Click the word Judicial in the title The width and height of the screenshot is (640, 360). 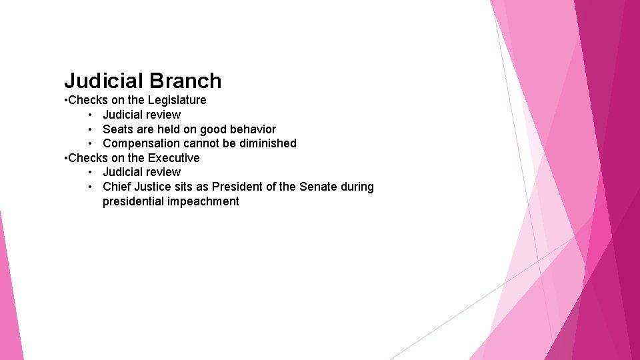point(103,81)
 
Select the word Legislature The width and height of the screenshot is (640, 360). point(177,100)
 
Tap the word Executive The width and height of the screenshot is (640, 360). point(173,158)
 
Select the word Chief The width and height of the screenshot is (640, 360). point(117,187)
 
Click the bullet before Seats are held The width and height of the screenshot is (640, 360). point(89,129)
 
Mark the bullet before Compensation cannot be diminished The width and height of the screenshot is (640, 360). point(89,143)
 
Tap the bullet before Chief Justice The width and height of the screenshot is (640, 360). point(89,187)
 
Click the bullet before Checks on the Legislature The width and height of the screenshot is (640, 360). point(66,101)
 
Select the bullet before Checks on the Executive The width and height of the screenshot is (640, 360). point(66,159)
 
